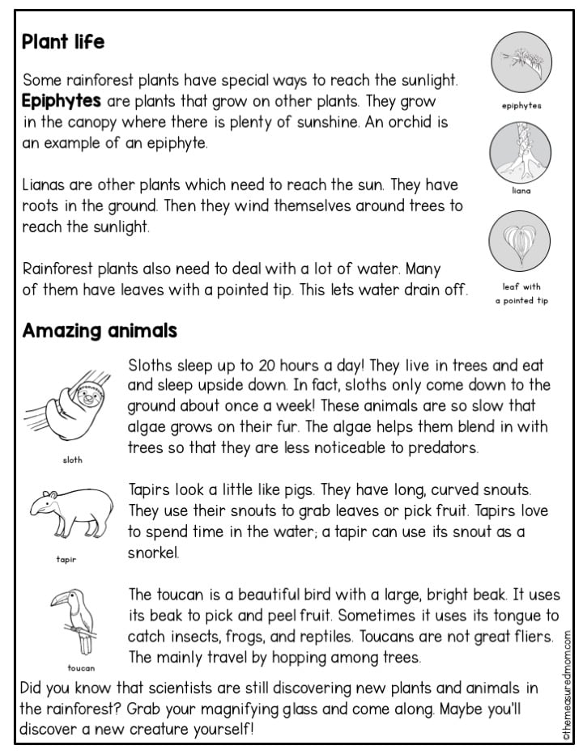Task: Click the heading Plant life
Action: coord(64,41)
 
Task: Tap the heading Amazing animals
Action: coord(100,331)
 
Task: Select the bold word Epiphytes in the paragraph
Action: coord(62,102)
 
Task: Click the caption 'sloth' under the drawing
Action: coord(72,460)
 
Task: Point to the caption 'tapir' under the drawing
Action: coord(66,558)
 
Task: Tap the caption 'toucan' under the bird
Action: coord(81,668)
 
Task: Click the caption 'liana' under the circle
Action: coord(521,192)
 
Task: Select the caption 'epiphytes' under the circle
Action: coord(521,105)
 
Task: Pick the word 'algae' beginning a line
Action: coord(147,426)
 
